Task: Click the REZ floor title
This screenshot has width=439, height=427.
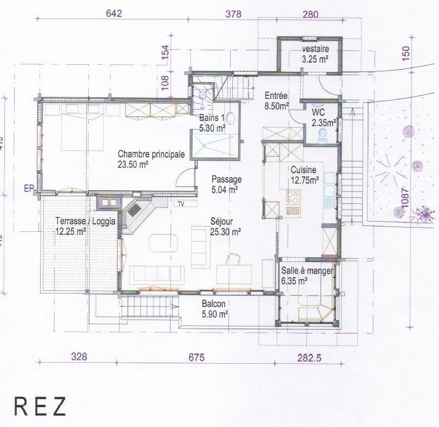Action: pyautogui.click(x=40, y=406)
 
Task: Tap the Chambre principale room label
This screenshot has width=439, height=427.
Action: pyautogui.click(x=151, y=154)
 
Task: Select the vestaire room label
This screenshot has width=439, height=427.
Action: pyautogui.click(x=316, y=50)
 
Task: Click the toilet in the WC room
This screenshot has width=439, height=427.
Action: pyautogui.click(x=323, y=135)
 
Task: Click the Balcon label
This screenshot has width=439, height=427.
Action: pyautogui.click(x=213, y=304)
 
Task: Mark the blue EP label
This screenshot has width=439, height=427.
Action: pyautogui.click(x=29, y=189)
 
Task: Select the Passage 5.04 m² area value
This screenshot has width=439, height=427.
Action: pyautogui.click(x=225, y=189)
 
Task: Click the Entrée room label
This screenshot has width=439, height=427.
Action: pyautogui.click(x=276, y=96)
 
